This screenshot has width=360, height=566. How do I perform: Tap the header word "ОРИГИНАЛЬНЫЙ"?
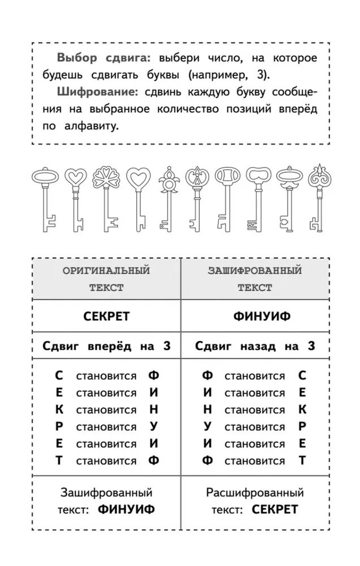[x=106, y=271]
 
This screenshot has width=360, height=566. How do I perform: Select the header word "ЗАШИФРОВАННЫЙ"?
[x=255, y=271]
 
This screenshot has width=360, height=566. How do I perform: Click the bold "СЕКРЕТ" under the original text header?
[x=106, y=316]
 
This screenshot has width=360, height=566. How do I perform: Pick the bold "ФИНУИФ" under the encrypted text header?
[x=255, y=316]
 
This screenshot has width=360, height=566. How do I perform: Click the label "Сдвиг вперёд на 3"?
[x=106, y=346]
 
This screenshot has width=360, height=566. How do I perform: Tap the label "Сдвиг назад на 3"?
[x=255, y=346]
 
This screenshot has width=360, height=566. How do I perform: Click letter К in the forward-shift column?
[x=59, y=409]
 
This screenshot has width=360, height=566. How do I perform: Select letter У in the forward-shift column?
[x=153, y=426]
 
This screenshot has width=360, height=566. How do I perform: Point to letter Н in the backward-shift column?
[x=208, y=409]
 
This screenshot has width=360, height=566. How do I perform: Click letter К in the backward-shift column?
[x=302, y=409]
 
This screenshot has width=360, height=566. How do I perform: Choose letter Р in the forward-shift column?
[x=59, y=426]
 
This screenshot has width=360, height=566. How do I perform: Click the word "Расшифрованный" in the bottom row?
[x=255, y=493]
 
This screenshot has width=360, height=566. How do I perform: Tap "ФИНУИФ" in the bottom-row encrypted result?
[x=126, y=509]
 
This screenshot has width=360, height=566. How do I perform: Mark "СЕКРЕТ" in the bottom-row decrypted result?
[x=275, y=509]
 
